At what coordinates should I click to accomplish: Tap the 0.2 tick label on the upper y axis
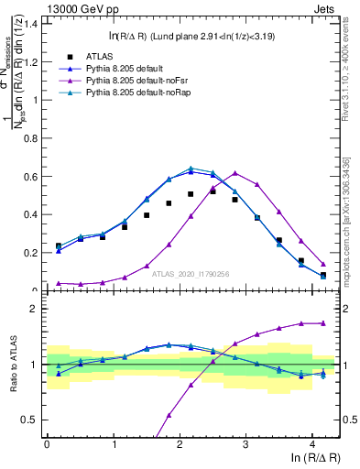click(33, 253)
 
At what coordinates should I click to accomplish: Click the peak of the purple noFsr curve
click(235, 172)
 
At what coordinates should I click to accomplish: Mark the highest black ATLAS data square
click(213, 191)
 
